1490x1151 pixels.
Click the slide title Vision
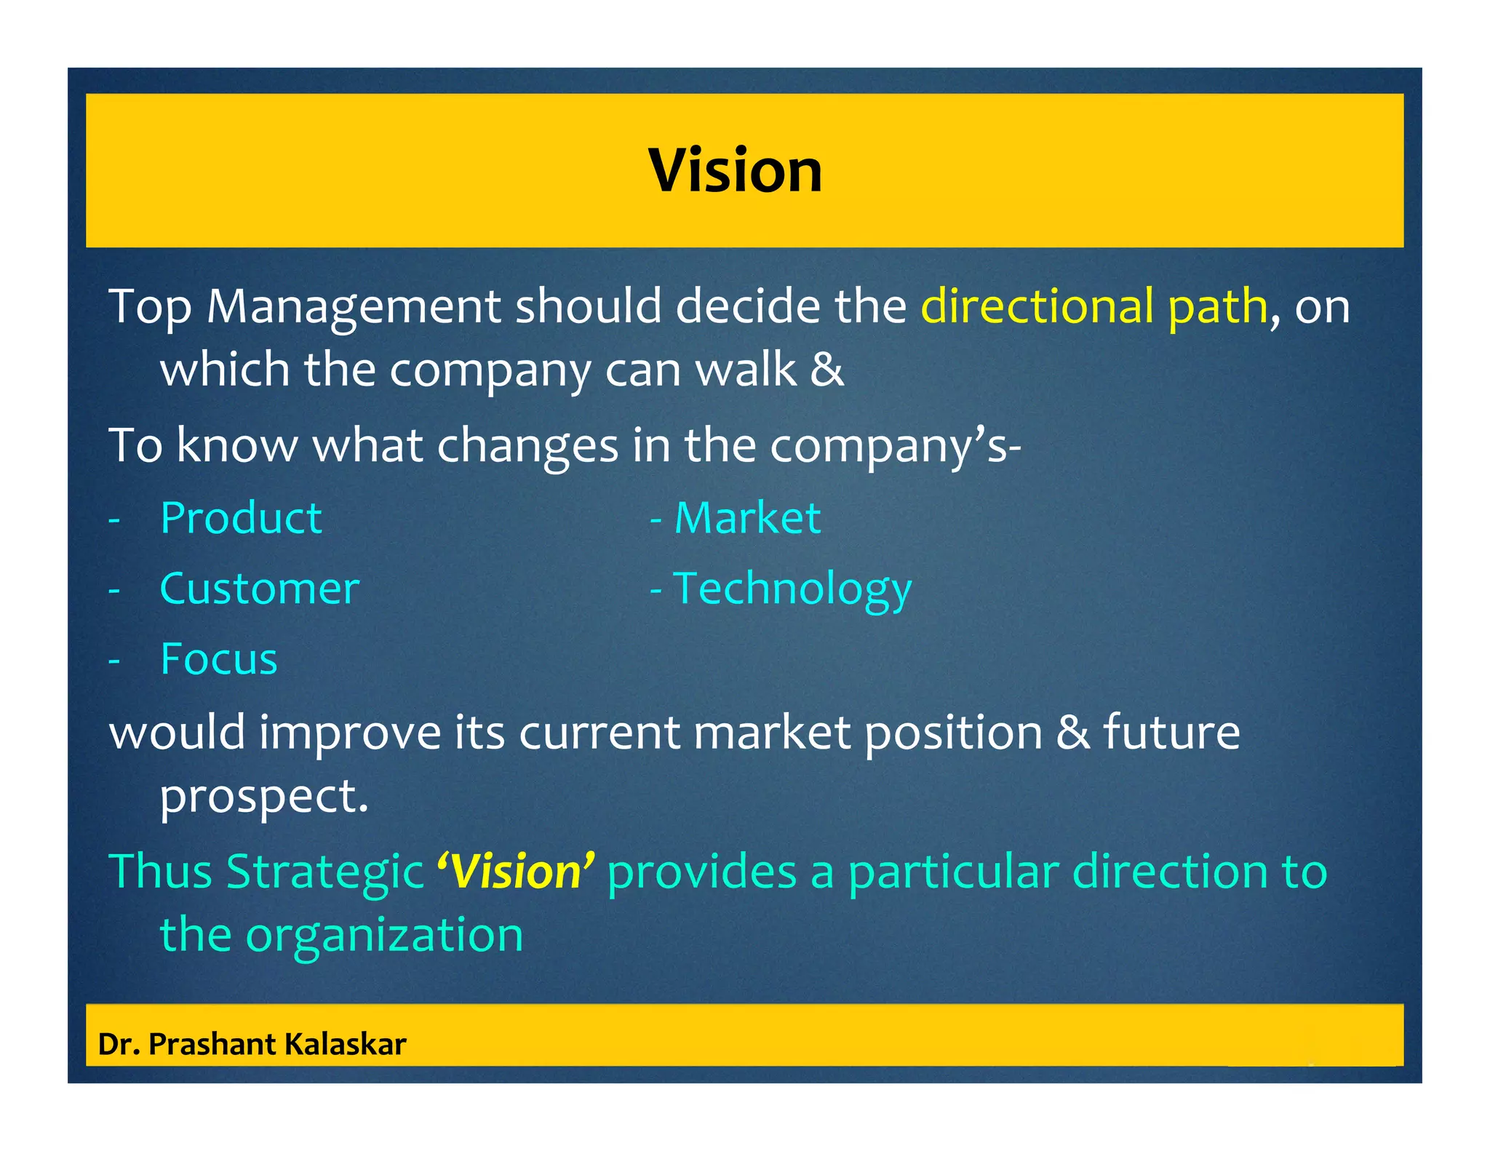click(x=735, y=170)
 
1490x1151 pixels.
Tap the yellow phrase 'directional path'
click(x=1093, y=306)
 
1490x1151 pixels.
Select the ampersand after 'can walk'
click(x=826, y=370)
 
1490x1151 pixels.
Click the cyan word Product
click(x=241, y=519)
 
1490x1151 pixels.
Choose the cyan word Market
click(x=747, y=519)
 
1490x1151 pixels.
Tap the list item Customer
click(x=259, y=589)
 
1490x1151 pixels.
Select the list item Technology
click(x=792, y=590)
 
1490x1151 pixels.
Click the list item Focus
click(x=218, y=659)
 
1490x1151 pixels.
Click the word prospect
click(x=263, y=796)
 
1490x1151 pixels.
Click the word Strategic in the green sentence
click(x=324, y=872)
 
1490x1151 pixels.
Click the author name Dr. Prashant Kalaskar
click(x=252, y=1044)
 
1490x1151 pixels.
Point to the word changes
click(x=527, y=445)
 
